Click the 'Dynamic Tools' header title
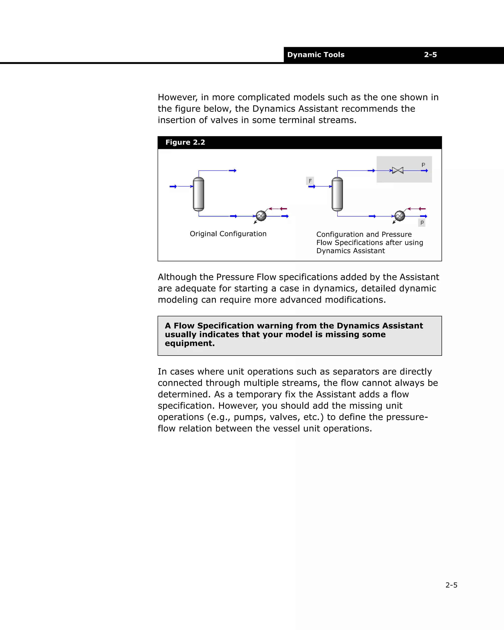click(315, 55)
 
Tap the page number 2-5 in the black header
click(430, 55)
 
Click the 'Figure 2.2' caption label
click(185, 142)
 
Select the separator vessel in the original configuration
click(198, 194)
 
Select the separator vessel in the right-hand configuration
click(337, 194)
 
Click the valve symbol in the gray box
click(397, 170)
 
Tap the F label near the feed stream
click(310, 181)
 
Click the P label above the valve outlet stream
click(423, 165)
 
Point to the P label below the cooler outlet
click(422, 223)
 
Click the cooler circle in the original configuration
click(261, 216)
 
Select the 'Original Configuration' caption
click(228, 234)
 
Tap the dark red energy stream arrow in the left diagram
click(283, 209)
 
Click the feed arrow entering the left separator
click(173, 186)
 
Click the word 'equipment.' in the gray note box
click(190, 343)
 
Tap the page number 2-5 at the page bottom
click(451, 585)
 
